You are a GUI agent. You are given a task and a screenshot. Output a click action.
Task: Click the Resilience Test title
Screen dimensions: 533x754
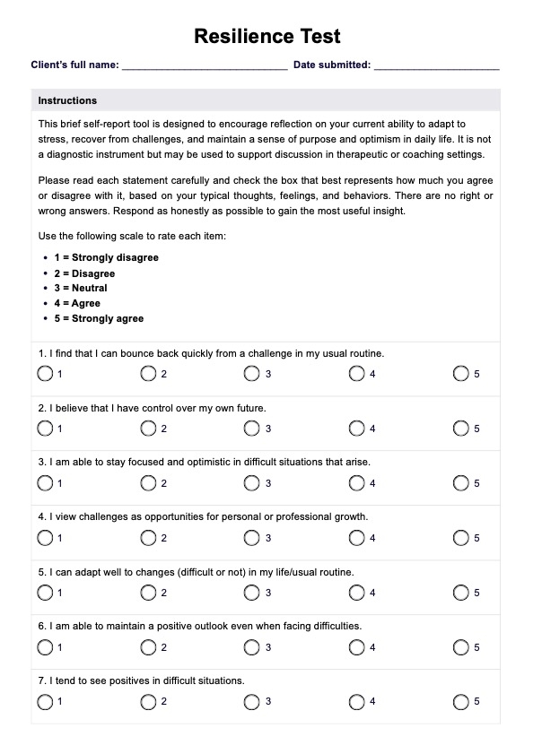(x=266, y=37)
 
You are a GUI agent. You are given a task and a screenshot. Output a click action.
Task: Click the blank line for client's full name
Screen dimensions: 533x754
(x=204, y=66)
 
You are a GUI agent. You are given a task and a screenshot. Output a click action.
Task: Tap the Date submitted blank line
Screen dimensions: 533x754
(x=436, y=66)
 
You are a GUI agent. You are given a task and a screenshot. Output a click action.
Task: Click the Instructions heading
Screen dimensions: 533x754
(x=67, y=100)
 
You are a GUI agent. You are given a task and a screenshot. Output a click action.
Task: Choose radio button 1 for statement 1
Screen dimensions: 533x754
(x=45, y=374)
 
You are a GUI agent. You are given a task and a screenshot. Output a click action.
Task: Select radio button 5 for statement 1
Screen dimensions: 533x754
(x=461, y=374)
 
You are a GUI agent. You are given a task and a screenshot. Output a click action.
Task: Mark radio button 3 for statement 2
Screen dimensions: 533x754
(x=252, y=429)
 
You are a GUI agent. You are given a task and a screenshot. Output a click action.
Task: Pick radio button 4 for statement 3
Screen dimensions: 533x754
(x=357, y=483)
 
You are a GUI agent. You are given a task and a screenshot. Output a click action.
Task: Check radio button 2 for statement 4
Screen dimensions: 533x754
(x=149, y=538)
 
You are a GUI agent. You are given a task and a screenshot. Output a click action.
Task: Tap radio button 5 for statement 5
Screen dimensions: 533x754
(x=461, y=593)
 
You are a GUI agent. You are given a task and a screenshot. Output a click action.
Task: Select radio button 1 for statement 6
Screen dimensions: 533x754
(x=45, y=647)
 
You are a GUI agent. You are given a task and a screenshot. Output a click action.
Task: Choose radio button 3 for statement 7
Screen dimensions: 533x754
(x=252, y=702)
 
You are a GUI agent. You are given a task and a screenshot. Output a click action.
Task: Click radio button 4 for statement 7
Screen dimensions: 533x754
(x=357, y=702)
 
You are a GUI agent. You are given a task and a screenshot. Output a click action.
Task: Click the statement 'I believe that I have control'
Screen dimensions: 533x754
(x=153, y=408)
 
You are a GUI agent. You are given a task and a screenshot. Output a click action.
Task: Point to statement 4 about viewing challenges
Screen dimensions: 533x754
(x=190, y=517)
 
